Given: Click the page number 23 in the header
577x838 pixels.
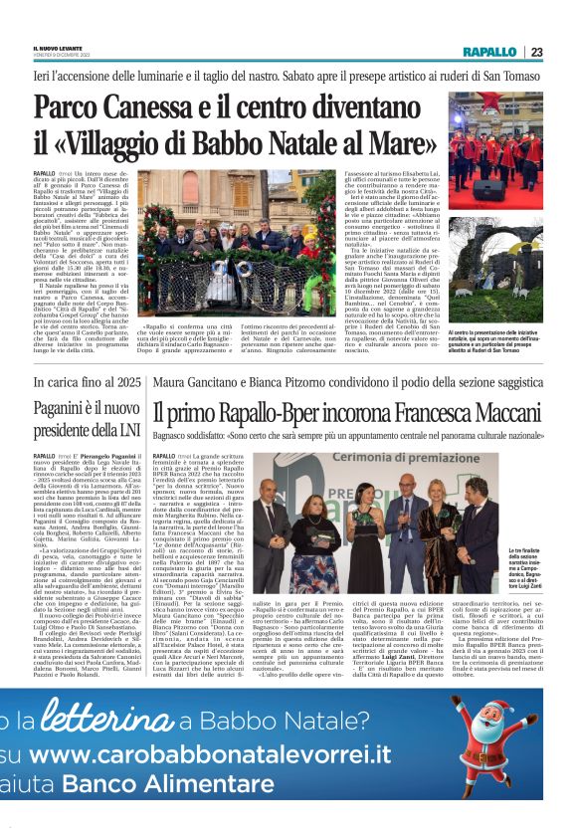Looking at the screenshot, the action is click(535, 52).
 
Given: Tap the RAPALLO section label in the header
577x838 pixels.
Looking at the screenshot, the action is click(489, 52).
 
